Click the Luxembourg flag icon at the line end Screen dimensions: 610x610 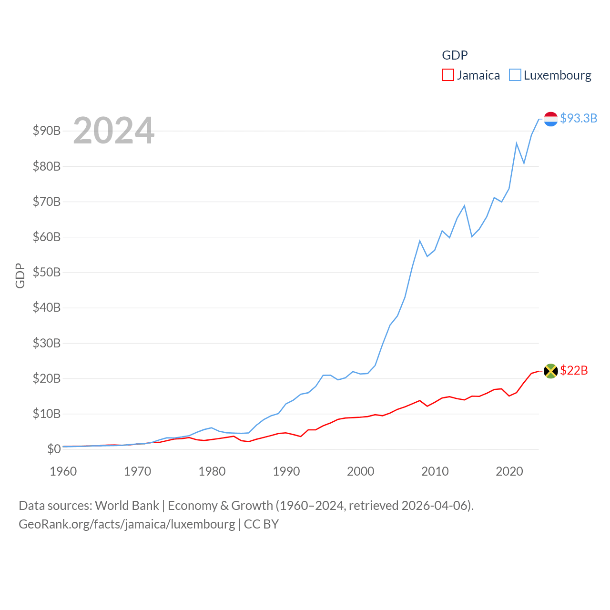(x=550, y=119)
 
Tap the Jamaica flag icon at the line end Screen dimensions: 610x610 (x=550, y=371)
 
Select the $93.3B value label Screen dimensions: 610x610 (x=579, y=118)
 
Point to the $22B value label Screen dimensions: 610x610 (x=574, y=370)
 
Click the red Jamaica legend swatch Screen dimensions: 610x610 (x=448, y=75)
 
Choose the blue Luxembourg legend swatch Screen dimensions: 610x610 (x=515, y=75)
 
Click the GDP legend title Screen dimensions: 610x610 (x=455, y=55)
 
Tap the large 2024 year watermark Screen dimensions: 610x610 (x=113, y=130)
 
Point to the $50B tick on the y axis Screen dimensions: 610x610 (x=47, y=272)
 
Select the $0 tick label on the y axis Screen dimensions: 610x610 (x=54, y=449)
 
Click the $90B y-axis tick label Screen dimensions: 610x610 (x=47, y=131)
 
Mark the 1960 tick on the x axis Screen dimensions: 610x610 (x=63, y=471)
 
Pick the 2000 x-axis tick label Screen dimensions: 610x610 (x=361, y=471)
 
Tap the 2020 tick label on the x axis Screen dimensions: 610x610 (x=509, y=471)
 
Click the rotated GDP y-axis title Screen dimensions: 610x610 (x=20, y=275)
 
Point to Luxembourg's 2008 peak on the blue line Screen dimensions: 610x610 (x=420, y=241)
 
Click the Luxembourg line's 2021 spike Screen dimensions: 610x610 (x=517, y=143)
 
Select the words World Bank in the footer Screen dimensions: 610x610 (x=127, y=505)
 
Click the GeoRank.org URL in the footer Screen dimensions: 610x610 (x=127, y=524)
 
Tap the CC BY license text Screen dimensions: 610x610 (x=261, y=524)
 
